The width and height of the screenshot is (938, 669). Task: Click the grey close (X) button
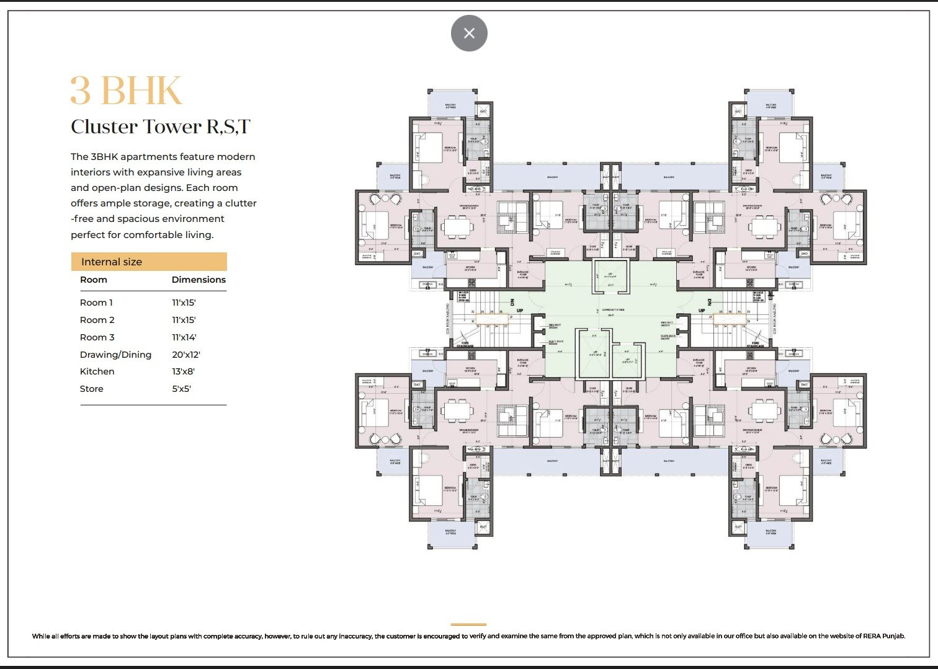469,33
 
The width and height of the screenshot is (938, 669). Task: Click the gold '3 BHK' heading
126,91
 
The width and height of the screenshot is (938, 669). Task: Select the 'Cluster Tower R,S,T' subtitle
160,126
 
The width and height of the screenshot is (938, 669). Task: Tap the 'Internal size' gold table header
112,262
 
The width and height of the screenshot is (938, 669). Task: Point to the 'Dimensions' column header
199,280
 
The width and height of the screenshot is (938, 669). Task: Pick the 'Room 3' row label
97,337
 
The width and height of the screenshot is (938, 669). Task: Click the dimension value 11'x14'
184,337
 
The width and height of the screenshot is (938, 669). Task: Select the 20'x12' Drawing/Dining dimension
186,355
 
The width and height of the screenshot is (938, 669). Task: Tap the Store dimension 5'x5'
181,389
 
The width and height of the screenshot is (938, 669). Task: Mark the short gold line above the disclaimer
468,624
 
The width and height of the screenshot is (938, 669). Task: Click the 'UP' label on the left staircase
520,311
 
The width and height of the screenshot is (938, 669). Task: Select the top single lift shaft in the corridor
610,276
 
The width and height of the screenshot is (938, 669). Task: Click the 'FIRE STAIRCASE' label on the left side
465,344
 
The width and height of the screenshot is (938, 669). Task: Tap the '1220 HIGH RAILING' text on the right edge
775,319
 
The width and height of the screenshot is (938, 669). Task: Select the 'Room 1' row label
96,303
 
